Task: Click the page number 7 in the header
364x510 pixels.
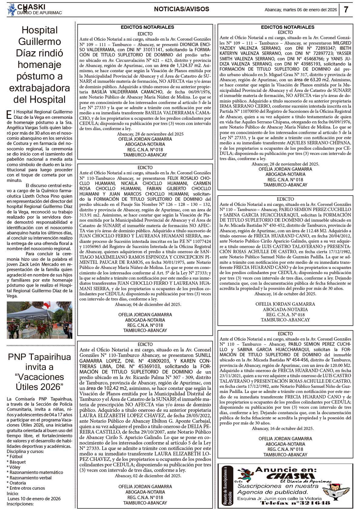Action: pos(346,10)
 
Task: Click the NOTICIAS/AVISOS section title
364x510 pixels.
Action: pos(181,9)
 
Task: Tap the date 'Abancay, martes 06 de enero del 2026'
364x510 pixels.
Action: pos(301,10)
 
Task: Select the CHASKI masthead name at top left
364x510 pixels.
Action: pos(31,7)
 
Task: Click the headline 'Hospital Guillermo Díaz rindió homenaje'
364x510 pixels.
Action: pos(39,65)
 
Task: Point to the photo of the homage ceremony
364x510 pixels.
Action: pos(39,320)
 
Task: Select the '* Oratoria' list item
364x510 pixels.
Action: pos(16,483)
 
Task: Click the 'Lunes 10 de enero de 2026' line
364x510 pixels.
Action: pos(34,498)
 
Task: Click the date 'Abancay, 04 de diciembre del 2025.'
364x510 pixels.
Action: pos(148,304)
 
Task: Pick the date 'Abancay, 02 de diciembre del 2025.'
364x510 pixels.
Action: pos(148,476)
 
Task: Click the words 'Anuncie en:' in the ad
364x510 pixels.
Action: pos(286,470)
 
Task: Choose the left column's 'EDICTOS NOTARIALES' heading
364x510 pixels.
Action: pos(147,27)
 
